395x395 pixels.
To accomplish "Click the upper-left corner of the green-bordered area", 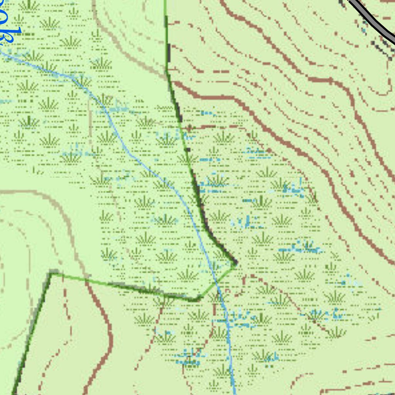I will (x=51, y=274).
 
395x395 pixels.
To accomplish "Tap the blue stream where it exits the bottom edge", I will (x=234, y=392).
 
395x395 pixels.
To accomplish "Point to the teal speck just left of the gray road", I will (x=365, y=30).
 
